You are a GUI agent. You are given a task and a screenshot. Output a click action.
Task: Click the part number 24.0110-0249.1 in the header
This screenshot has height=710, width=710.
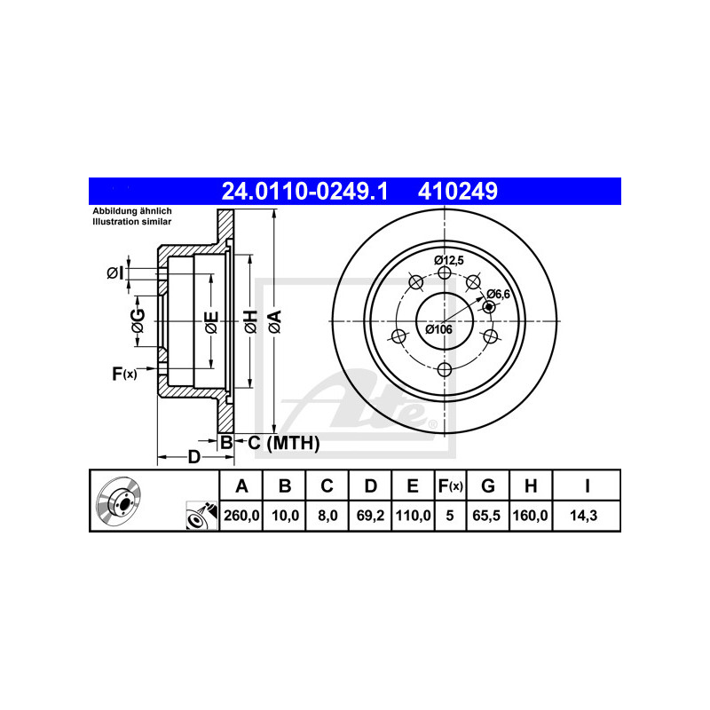(x=304, y=191)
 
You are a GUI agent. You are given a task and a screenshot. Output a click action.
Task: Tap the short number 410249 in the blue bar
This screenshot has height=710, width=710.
(x=457, y=191)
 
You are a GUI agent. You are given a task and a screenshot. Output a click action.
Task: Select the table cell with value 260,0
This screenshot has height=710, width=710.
(x=241, y=516)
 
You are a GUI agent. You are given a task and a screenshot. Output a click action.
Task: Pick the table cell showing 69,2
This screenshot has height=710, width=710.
(x=370, y=516)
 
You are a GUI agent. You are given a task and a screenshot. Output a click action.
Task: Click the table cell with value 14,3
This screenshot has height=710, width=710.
(x=587, y=516)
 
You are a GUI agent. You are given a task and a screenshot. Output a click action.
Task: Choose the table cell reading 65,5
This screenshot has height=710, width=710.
(x=487, y=516)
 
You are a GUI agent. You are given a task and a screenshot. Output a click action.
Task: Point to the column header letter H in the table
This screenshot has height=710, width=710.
(x=531, y=485)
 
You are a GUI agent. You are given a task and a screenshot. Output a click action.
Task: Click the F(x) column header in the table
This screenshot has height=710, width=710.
(x=450, y=485)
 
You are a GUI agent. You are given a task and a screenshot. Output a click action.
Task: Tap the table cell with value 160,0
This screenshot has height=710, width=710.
(x=531, y=516)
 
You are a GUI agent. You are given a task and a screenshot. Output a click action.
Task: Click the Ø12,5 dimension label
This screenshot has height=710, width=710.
(x=449, y=260)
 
